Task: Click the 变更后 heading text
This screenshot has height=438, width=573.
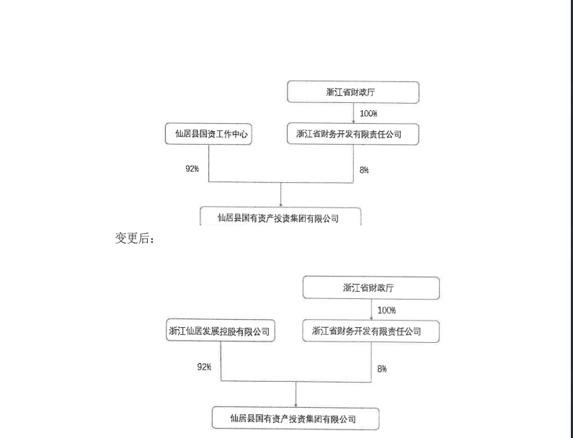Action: (135, 238)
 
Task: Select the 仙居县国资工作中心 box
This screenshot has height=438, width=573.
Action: (208, 134)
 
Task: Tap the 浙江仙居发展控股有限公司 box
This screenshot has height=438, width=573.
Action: (221, 331)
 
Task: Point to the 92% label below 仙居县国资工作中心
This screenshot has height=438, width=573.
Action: (192, 169)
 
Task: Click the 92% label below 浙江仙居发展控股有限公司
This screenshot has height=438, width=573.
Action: (204, 367)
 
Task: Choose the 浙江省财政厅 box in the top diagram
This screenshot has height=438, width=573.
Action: (353, 92)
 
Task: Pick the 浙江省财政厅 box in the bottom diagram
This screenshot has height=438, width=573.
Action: (371, 288)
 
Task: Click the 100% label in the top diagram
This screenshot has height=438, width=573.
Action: (368, 114)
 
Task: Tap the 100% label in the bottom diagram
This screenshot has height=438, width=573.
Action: (386, 310)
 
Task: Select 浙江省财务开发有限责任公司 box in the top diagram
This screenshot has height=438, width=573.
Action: (353, 134)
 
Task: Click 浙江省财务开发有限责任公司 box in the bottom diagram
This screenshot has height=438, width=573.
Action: (371, 331)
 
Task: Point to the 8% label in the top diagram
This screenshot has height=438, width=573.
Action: (364, 170)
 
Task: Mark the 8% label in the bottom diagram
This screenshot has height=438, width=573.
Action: (382, 369)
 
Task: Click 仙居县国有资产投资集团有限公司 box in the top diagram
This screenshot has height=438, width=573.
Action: (280, 216)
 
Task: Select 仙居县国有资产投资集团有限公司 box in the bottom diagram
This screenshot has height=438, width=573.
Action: (296, 419)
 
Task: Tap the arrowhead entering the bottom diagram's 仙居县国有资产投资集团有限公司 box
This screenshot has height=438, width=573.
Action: (296, 405)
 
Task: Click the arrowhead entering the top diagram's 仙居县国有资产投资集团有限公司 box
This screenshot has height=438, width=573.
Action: (280, 205)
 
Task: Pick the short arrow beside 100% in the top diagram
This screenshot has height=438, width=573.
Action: (353, 113)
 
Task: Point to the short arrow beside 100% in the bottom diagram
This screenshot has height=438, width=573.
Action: (372, 310)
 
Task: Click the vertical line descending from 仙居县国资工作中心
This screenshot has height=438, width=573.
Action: (209, 163)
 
